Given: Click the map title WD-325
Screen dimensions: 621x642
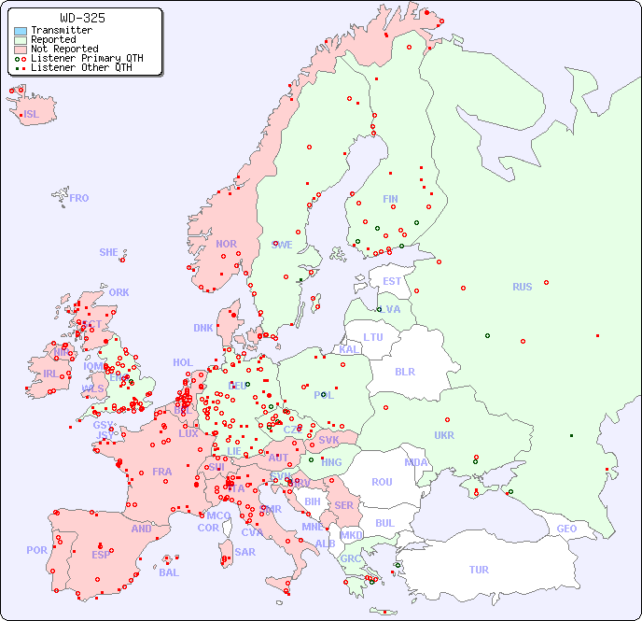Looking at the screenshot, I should pyautogui.click(x=82, y=18).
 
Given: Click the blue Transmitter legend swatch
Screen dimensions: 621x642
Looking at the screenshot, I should pyautogui.click(x=21, y=30).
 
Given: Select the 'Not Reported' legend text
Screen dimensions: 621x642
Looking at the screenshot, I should pyautogui.click(x=63, y=49).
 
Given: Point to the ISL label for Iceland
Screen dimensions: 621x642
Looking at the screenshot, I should pyautogui.click(x=32, y=115).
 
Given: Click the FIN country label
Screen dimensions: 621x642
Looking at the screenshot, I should pyautogui.click(x=390, y=199).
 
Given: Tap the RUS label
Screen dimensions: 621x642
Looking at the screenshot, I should pyautogui.click(x=522, y=287).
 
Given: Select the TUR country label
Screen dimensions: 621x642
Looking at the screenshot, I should pyautogui.click(x=479, y=570).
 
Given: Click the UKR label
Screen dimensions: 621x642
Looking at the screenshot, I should pyautogui.click(x=444, y=435).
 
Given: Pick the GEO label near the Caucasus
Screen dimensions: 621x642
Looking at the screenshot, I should pyautogui.click(x=566, y=529).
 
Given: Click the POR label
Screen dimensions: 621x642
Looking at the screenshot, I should pyautogui.click(x=36, y=550).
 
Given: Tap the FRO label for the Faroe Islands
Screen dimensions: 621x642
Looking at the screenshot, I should pyautogui.click(x=79, y=198).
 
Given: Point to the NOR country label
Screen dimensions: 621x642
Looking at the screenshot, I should pyautogui.click(x=226, y=244).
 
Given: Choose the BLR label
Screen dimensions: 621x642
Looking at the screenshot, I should pyautogui.click(x=404, y=371).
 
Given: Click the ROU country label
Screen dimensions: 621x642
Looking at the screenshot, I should pyautogui.click(x=382, y=482).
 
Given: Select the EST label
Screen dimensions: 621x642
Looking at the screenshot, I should pyautogui.click(x=392, y=281).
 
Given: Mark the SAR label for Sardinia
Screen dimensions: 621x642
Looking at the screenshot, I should pyautogui.click(x=244, y=551).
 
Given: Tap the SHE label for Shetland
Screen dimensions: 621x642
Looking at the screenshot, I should pyautogui.click(x=109, y=252).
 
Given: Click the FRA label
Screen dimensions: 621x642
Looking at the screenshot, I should pyautogui.click(x=162, y=472).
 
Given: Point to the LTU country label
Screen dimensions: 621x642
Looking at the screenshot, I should pyautogui.click(x=373, y=337).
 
